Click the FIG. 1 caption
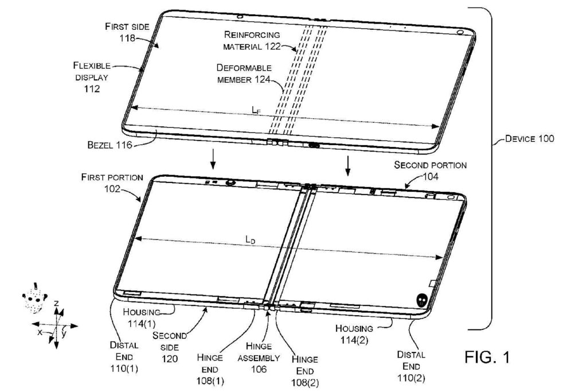tap(487, 357)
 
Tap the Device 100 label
tap(529, 138)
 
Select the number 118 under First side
tap(127, 38)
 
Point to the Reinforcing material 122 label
tap(252, 41)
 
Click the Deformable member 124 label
tap(244, 73)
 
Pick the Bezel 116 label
tap(109, 145)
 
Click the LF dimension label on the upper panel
tap(256, 110)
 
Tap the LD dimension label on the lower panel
tap(250, 239)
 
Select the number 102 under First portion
tap(112, 188)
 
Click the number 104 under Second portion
tap(431, 176)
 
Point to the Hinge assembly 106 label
tap(259, 358)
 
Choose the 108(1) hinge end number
tap(210, 381)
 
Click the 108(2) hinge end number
tap(305, 383)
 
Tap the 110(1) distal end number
tap(124, 368)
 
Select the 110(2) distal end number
tap(411, 378)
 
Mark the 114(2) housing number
tap(354, 340)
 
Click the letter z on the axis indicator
tap(56, 303)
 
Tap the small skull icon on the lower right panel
tap(422, 300)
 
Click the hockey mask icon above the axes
tap(34, 298)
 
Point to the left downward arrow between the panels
tap(213, 159)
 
